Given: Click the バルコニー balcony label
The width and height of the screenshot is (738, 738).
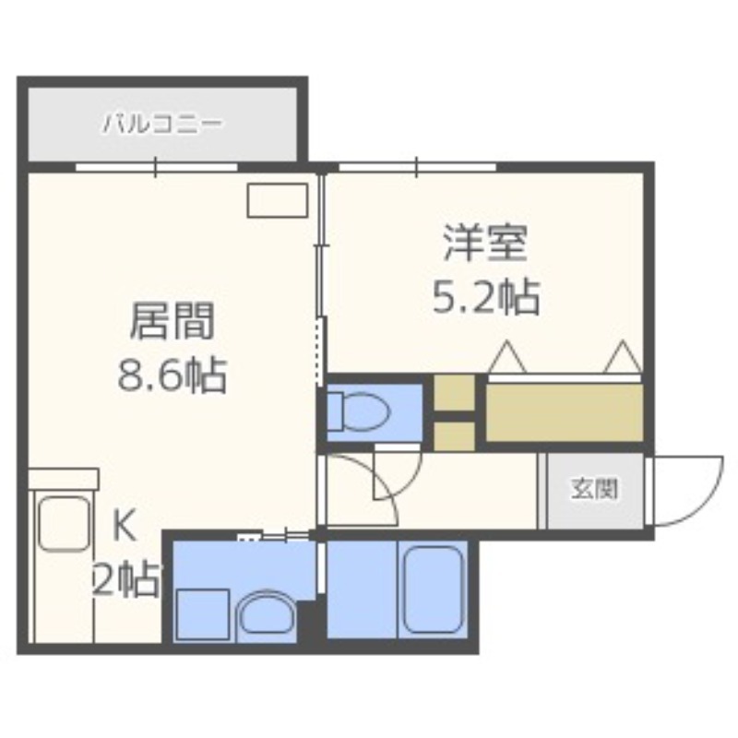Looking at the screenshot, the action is tap(162, 125).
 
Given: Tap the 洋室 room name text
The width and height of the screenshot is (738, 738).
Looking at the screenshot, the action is tap(485, 244).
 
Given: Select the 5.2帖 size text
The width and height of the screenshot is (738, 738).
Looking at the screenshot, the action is tap(485, 296).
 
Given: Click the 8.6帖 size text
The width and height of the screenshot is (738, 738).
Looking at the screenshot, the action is tap(172, 375).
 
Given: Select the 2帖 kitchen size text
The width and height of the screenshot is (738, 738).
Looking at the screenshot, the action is tap(126, 580).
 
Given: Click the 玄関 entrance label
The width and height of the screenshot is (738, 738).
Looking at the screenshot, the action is tap(594, 490).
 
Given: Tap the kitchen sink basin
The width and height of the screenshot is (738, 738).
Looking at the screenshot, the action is tap(64, 524).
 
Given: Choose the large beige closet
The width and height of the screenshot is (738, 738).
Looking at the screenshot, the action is tap(565, 412).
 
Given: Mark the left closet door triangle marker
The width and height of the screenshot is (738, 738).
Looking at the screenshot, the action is tap(507, 357).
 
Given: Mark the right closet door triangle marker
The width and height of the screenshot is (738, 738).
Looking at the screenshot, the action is tap(623, 357).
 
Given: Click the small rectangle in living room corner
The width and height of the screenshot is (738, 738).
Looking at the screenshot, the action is tap(278, 200).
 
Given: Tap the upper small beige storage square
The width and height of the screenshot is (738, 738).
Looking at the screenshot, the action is tap(454, 393).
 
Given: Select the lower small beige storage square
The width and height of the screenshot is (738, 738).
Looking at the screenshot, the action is tap(454, 436).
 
